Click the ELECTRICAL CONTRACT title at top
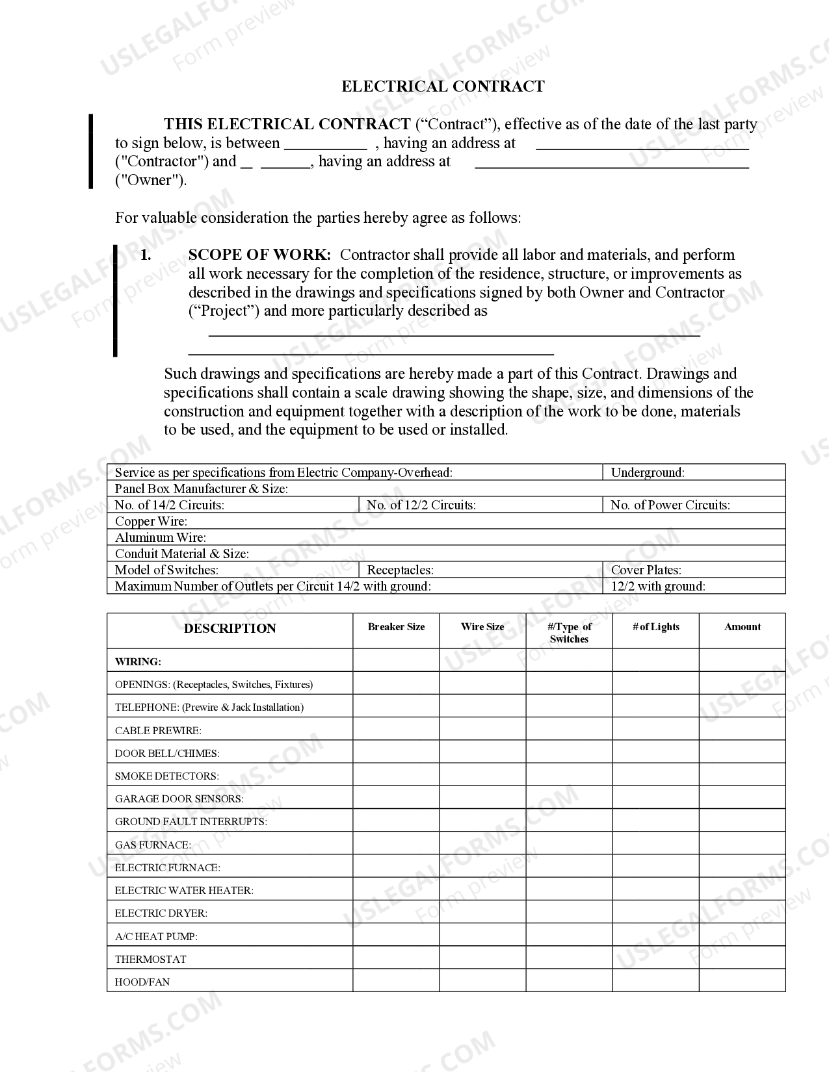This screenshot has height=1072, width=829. tap(443, 86)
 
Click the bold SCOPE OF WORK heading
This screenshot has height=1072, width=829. tap(259, 255)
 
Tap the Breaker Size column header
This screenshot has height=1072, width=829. tap(396, 627)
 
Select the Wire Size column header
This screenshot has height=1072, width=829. tap(482, 627)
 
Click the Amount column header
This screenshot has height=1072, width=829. tap(742, 627)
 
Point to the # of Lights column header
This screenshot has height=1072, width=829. tap(655, 627)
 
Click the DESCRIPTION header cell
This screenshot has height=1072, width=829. tap(230, 628)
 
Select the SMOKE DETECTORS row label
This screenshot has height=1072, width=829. tap(166, 776)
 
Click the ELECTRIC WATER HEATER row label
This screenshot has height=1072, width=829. tap(184, 890)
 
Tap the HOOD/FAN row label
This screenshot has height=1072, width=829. tap(142, 982)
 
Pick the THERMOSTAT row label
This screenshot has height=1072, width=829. tap(150, 959)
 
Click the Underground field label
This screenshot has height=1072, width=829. tap(648, 472)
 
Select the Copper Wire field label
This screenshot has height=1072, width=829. tap(151, 521)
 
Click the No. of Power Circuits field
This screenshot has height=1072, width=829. tap(670, 505)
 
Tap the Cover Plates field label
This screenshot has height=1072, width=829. tap(646, 570)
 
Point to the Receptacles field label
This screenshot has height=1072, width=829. tap(400, 570)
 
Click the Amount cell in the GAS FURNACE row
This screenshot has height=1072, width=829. tap(742, 843)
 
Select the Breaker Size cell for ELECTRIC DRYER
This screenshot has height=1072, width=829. tap(396, 912)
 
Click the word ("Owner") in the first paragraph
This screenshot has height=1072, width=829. tap(150, 180)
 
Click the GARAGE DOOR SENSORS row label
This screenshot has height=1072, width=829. tap(179, 798)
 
